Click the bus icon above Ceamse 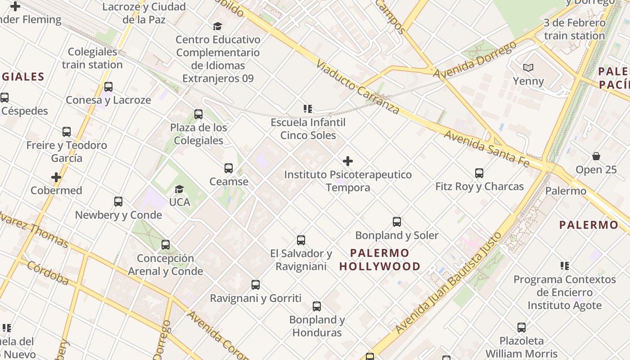pos(229,168)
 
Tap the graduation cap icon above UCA pos(179,189)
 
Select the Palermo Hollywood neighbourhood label pos(380,260)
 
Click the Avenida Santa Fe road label pos(486,148)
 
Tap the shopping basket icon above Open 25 pos(596,157)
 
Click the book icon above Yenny pos(528,68)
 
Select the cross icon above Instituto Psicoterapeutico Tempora pos(348,161)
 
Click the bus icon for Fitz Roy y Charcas pos(479,173)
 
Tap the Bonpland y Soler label pos(396,235)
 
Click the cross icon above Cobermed pos(56,177)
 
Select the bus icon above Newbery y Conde pos(118,202)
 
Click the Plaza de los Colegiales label pos(198,134)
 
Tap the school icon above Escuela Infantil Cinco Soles pos(308,109)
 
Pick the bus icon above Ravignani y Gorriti pos(256,285)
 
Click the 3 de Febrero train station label pos(574,29)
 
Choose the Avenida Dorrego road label pos(474,59)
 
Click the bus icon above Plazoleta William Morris pos(521,328)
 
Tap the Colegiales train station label pos(92,58)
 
